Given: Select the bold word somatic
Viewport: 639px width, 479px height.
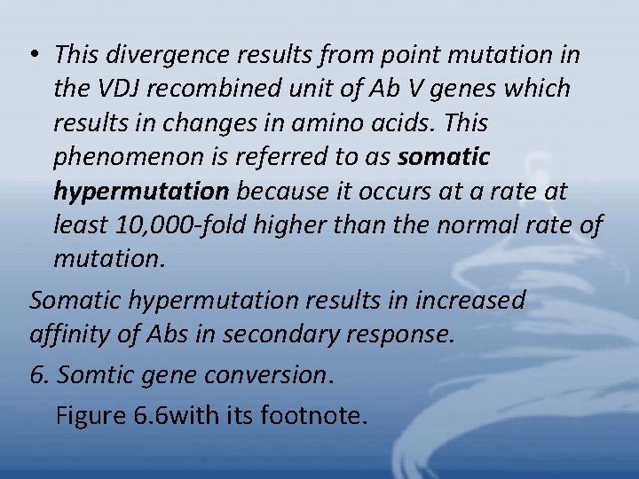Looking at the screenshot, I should point(444,157).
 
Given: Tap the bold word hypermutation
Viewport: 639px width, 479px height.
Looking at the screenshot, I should point(141,192).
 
